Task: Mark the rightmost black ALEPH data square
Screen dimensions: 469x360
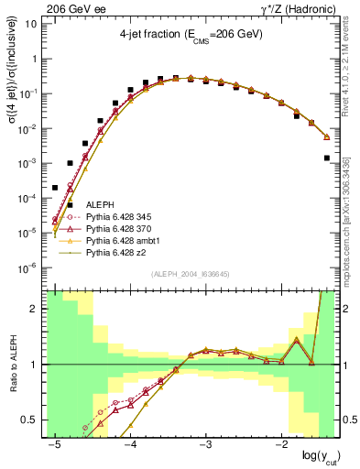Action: point(327,158)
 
